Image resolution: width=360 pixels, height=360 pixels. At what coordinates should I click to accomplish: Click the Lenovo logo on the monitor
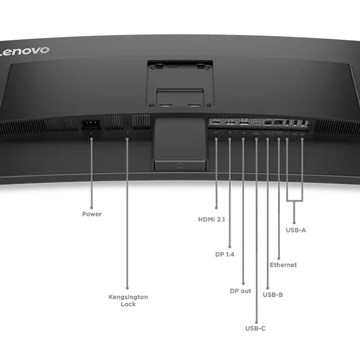pos(24,51)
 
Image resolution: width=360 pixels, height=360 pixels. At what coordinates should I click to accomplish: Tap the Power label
pos(92,214)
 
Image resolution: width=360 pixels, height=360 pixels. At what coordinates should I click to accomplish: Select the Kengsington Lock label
pos(128,300)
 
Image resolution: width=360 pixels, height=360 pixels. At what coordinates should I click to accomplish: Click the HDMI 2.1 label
pos(211,219)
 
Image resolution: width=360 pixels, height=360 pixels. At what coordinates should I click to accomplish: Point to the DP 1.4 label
pos(225,255)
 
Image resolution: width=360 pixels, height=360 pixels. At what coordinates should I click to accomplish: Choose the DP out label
pos(240,291)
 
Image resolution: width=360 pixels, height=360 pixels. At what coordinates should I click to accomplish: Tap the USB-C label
pos(255,329)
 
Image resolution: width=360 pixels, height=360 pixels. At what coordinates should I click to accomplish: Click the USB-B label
pos(272,295)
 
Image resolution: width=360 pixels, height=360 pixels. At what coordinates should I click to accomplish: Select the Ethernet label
pos(283,265)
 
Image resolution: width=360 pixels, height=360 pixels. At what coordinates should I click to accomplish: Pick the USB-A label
pos(296,230)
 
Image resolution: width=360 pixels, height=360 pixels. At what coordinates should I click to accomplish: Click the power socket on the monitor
pos(91,125)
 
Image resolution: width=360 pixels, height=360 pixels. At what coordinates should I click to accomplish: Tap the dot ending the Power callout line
pos(92,208)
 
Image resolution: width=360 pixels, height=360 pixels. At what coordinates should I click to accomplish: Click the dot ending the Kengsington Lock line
pos(127,288)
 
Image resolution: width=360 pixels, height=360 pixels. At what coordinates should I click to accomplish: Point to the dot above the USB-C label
pos(256,322)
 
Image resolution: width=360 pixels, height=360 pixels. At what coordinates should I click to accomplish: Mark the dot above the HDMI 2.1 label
pos(216,208)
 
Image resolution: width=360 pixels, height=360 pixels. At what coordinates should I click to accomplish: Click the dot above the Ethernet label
pos(279,258)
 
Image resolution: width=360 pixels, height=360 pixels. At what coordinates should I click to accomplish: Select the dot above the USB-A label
pos(294,223)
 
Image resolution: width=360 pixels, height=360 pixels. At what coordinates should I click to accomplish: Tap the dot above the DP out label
pos(243,284)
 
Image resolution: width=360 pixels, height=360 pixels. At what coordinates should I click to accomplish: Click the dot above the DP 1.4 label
pos(229,247)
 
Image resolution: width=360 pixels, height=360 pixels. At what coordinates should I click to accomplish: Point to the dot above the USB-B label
pos(268,288)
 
